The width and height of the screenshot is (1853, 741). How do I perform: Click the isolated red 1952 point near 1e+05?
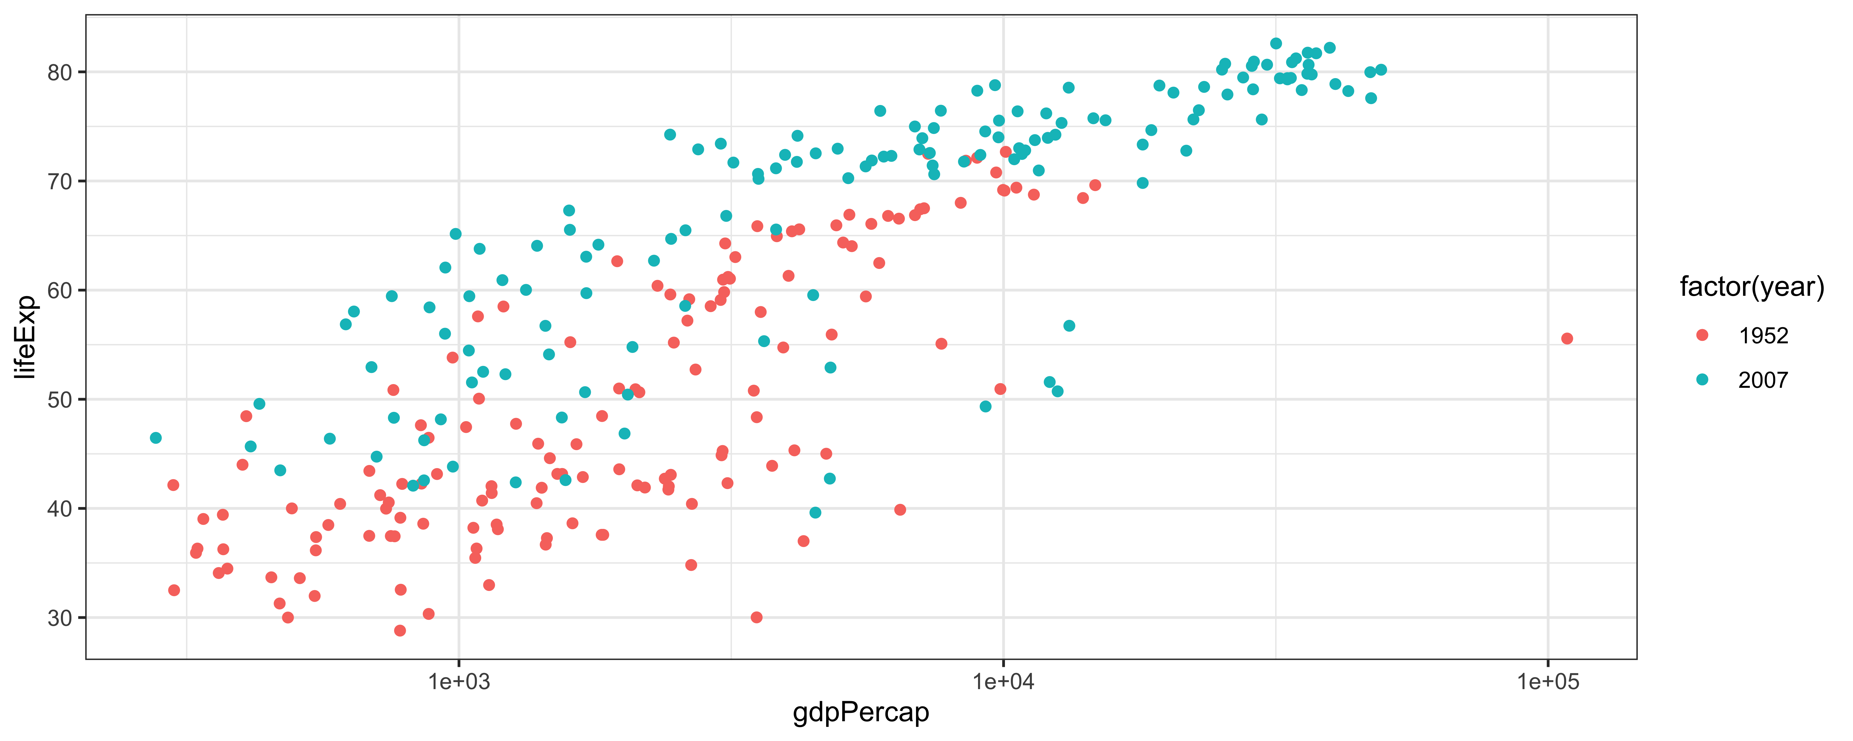1567,338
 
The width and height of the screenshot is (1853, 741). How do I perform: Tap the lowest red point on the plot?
400,630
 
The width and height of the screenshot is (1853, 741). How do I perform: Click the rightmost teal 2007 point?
1380,70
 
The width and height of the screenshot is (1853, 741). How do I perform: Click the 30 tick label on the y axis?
60,618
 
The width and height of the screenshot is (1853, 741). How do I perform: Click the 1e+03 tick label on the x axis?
459,680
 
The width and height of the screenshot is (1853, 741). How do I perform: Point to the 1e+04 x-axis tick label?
1003,680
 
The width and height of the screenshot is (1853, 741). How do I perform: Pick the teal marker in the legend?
1702,379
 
